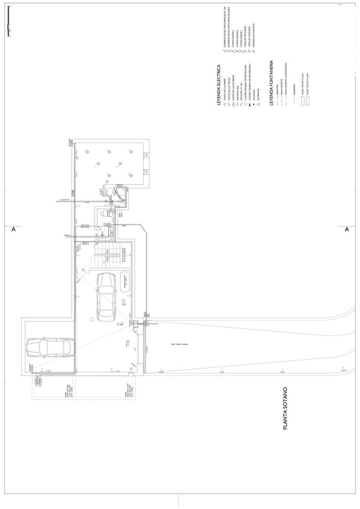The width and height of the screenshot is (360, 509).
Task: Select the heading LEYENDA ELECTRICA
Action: point(219,85)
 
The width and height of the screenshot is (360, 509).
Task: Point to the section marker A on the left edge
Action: point(13,229)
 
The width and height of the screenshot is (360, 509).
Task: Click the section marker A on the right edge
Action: point(346,229)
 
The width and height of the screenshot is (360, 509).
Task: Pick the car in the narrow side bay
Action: point(50,347)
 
